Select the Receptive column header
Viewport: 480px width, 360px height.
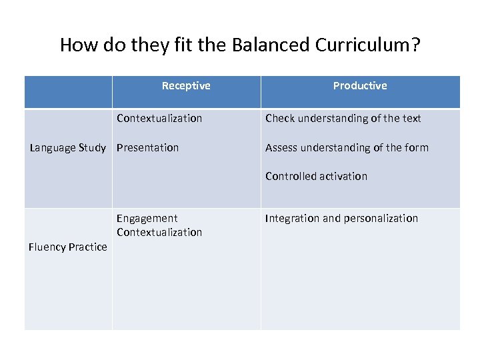click(186, 85)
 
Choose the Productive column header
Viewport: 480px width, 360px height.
click(360, 85)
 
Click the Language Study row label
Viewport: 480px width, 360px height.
click(67, 147)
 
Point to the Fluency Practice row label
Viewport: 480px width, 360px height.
click(67, 247)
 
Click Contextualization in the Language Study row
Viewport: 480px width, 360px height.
click(159, 118)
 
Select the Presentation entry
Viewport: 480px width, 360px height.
click(147, 147)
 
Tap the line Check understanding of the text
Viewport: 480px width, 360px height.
click(343, 118)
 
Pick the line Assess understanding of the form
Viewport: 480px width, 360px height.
click(347, 147)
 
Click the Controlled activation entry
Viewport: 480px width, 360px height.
click(316, 176)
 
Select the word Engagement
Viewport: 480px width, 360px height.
click(147, 218)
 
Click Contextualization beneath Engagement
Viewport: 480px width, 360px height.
click(159, 232)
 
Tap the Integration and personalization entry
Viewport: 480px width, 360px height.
click(341, 218)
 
